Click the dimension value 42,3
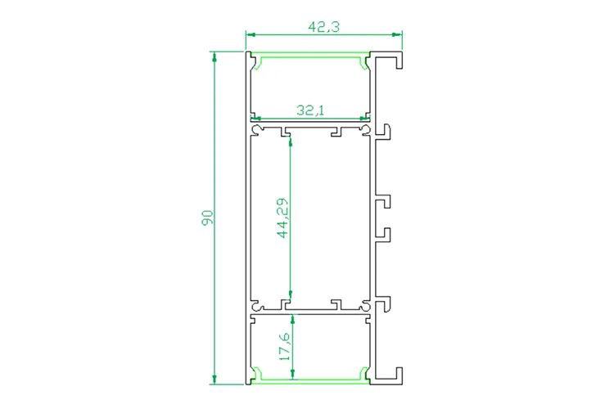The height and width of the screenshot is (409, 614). click(x=323, y=26)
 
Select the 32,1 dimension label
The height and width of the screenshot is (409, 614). click(x=311, y=109)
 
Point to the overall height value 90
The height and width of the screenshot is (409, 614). click(x=207, y=218)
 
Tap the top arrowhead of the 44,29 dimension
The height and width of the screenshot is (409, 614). click(x=291, y=140)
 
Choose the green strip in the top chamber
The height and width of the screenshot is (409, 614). click(x=310, y=58)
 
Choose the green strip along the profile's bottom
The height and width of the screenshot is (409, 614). click(x=310, y=380)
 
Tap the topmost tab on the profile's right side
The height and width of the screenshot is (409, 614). click(x=385, y=132)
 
